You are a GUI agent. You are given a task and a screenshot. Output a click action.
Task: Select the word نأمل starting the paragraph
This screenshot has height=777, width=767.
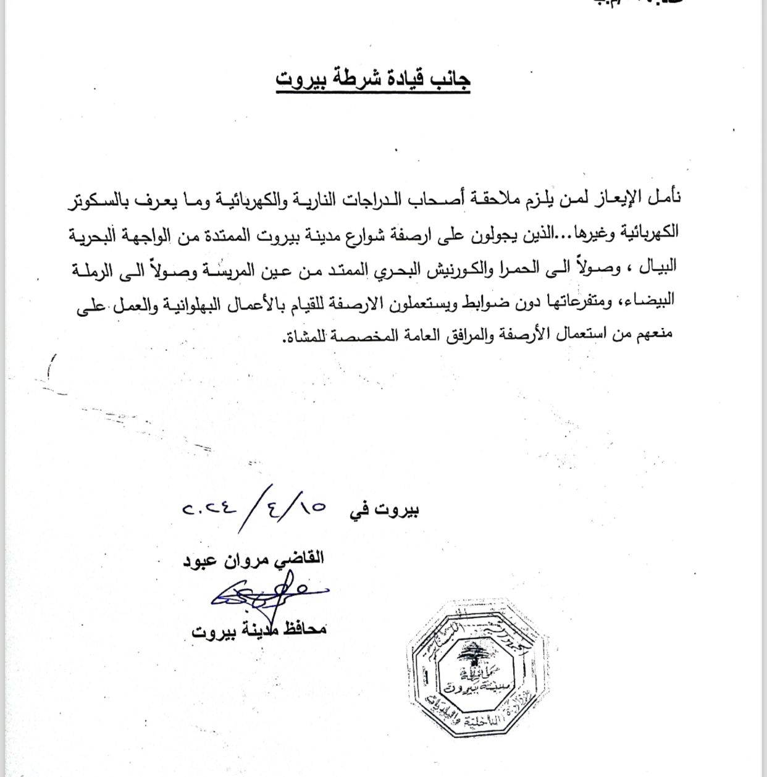(663, 197)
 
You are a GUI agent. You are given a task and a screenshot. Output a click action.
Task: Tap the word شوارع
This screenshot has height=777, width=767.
(370, 233)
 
